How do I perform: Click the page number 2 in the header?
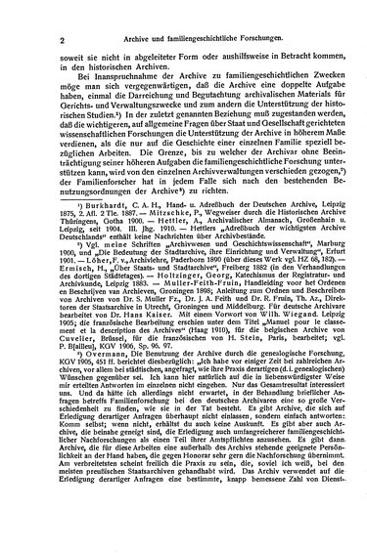(34, 13)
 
